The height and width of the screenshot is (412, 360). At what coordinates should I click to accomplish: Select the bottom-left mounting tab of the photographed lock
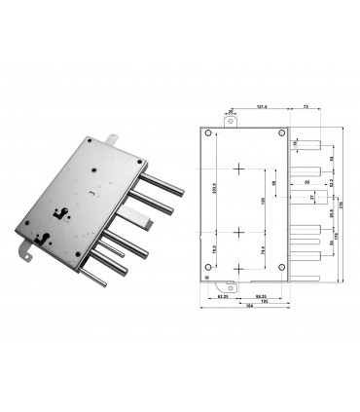pos(26,255)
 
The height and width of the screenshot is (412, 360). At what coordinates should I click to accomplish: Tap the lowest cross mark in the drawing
pos(237,268)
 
